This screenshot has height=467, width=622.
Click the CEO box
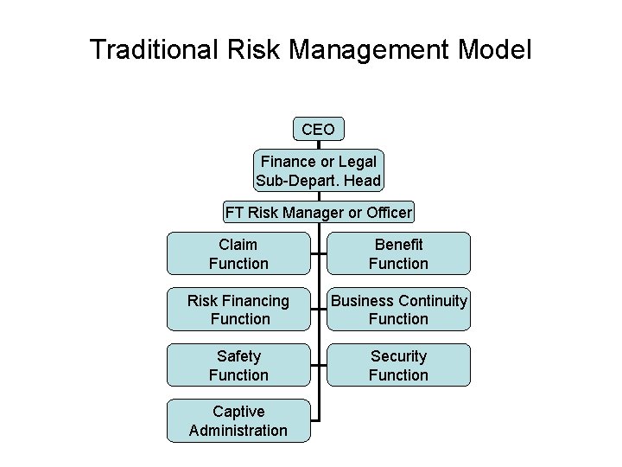(318, 129)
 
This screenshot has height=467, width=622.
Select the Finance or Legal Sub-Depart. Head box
(318, 171)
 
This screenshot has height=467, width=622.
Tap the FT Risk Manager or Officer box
(318, 212)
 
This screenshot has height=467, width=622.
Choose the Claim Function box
(238, 253)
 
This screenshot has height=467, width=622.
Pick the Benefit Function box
(398, 253)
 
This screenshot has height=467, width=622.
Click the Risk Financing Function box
(238, 310)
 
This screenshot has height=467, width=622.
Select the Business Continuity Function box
(398, 310)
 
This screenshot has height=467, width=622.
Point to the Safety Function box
(238, 365)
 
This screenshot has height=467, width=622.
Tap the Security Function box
(398, 365)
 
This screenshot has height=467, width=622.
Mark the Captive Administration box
(238, 420)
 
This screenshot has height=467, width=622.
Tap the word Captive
(238, 411)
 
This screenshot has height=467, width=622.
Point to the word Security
(398, 356)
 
